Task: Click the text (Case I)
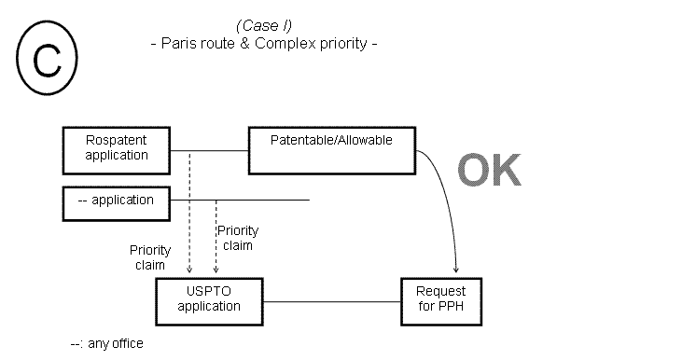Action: click(x=265, y=25)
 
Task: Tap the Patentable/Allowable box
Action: click(x=331, y=149)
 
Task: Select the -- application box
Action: click(x=117, y=200)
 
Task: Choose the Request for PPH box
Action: click(x=439, y=299)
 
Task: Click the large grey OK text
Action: click(x=489, y=171)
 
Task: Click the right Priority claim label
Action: click(x=237, y=238)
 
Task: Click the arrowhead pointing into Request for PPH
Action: click(x=455, y=270)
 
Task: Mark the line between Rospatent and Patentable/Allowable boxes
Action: click(x=210, y=150)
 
